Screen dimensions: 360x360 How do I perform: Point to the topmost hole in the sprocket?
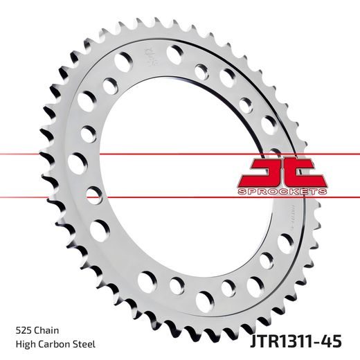pyautogui.click(x=173, y=51)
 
